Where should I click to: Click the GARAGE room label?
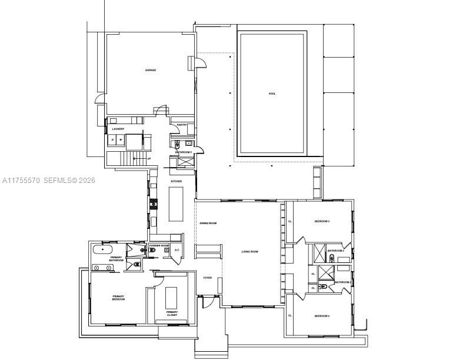(x=151, y=70)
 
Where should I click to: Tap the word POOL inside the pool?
(x=272, y=94)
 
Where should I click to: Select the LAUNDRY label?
(x=118, y=129)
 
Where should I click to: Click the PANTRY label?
(x=182, y=125)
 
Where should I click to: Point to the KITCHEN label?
(x=177, y=181)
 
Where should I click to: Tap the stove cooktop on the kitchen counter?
(x=154, y=204)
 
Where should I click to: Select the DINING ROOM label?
(x=208, y=224)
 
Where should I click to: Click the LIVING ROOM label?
(x=249, y=252)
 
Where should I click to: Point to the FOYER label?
(x=208, y=278)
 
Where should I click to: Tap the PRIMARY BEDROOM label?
(x=119, y=298)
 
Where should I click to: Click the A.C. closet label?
(x=177, y=249)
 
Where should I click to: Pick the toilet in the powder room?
(x=152, y=251)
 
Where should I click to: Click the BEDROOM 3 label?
(x=321, y=221)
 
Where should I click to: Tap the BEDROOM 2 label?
(x=321, y=316)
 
